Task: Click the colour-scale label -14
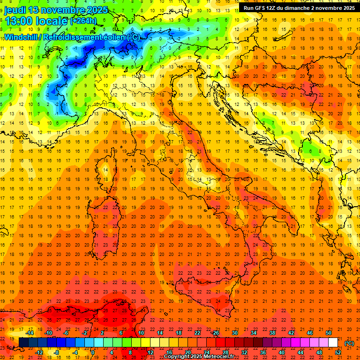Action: [x=30, y=332]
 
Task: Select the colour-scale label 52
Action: [x=338, y=352]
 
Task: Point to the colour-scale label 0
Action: [x=93, y=352]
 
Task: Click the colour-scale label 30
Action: [x=235, y=332]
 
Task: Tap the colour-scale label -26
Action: [x=215, y=332]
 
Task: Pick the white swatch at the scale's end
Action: [x=333, y=342]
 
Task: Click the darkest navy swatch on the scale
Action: [x=23, y=342]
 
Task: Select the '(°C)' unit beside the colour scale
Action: [x=349, y=343]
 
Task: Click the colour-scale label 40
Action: [x=282, y=352]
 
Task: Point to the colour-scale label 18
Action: [x=179, y=332]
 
